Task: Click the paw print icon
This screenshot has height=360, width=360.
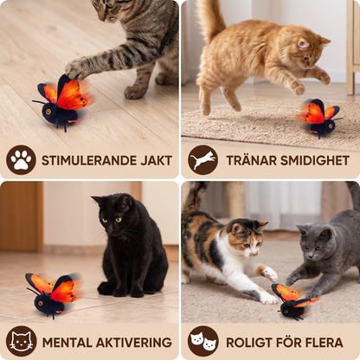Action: click(x=21, y=160)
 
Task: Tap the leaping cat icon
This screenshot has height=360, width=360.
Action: click(x=202, y=160)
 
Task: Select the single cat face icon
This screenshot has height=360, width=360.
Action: click(x=21, y=341)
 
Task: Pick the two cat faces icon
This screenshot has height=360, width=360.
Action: click(x=202, y=341)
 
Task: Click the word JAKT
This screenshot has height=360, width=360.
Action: click(x=157, y=161)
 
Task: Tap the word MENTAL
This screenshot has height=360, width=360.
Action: click(x=67, y=343)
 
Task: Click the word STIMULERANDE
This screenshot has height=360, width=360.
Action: click(x=89, y=161)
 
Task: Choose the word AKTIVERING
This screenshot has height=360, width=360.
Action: click(x=134, y=343)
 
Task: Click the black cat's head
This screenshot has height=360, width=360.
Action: click(x=114, y=214)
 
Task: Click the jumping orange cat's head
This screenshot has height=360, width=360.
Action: click(x=312, y=52)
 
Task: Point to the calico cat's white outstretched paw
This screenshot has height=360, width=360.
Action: click(x=271, y=273)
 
